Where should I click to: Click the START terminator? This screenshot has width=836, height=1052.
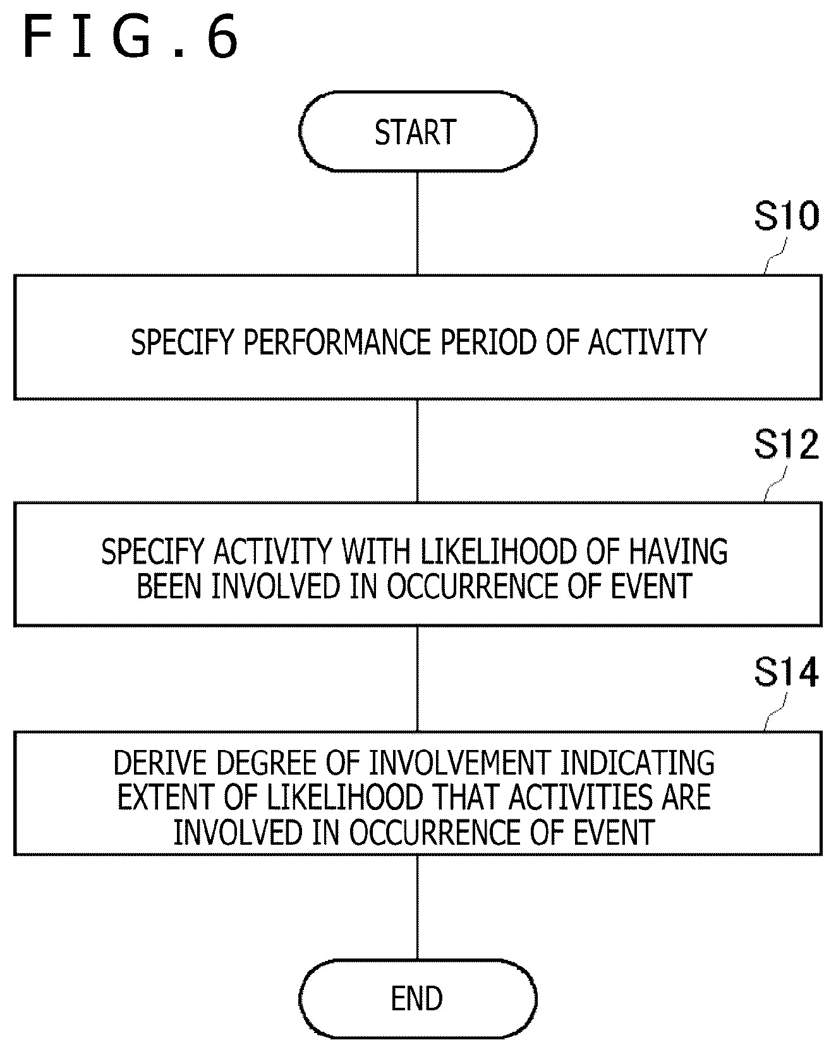[x=417, y=131]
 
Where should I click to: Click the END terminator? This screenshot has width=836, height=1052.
[x=417, y=999]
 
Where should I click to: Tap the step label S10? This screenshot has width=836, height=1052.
[x=786, y=217]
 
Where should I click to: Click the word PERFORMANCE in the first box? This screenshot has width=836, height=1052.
[x=338, y=342]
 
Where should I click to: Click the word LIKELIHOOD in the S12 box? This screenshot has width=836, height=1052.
[x=499, y=552]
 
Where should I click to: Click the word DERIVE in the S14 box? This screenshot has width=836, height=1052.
[x=161, y=763]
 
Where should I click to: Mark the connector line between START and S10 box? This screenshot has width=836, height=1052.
[x=417, y=223]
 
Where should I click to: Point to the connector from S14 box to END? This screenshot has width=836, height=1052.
[x=417, y=907]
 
